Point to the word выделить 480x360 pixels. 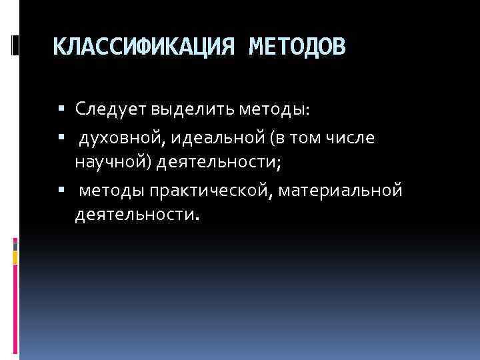tap(184, 108)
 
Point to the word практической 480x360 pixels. tap(210, 191)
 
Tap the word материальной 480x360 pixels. tap(341, 191)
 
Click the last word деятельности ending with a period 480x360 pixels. tap(137, 215)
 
